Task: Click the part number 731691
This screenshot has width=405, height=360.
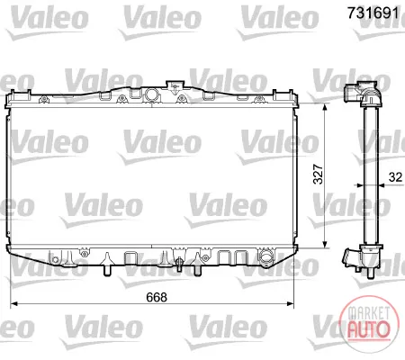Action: pyautogui.click(x=373, y=13)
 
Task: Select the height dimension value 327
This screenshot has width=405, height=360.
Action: pyautogui.click(x=318, y=174)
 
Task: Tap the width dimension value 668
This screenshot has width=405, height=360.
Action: pyautogui.click(x=157, y=297)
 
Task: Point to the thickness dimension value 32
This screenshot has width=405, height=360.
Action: pyautogui.click(x=395, y=177)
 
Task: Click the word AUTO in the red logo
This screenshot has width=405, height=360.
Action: pyautogui.click(x=369, y=329)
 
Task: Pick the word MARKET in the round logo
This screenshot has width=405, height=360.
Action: pyautogui.click(x=368, y=313)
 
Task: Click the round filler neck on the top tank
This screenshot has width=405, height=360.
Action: pyautogui.click(x=151, y=94)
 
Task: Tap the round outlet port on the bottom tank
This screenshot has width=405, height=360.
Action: pyautogui.click(x=265, y=256)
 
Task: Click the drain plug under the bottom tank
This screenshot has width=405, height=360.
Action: pyautogui.click(x=179, y=264)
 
